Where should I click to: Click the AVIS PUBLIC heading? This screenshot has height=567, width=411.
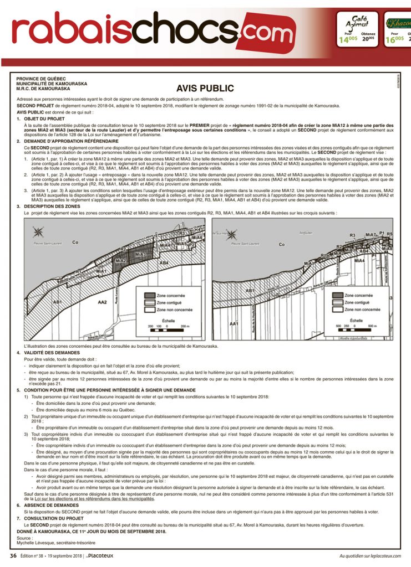(x=205, y=89)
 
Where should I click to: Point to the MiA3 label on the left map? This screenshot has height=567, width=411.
(x=141, y=254)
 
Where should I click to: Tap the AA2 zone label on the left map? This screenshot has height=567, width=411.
(x=102, y=302)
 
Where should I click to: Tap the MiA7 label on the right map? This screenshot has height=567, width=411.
(x=372, y=235)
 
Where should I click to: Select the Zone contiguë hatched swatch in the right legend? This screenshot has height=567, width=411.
(x=338, y=303)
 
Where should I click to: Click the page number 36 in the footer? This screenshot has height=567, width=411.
(x=13, y=555)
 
